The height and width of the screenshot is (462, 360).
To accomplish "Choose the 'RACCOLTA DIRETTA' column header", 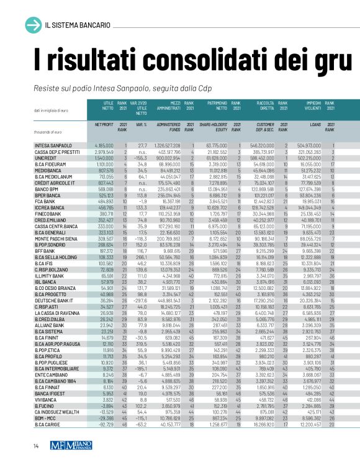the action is tap(264, 106).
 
